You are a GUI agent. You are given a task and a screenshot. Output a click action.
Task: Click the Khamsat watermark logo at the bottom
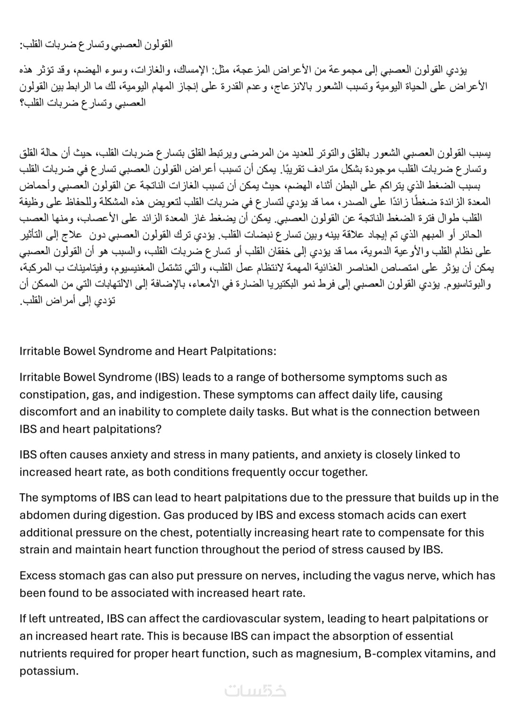[255, 691]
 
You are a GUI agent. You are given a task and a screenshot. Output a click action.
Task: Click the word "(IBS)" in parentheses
[166, 377]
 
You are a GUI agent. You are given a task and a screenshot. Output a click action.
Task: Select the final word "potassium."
[49, 671]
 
